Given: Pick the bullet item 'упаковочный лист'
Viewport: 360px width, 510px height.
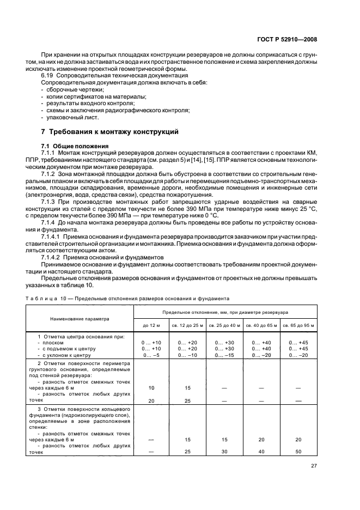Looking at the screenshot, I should point(70,117).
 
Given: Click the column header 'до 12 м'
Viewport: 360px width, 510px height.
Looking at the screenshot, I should point(152,325).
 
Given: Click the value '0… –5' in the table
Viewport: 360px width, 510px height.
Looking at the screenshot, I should point(152,355).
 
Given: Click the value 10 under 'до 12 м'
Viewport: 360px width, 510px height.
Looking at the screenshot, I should point(152,388).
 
